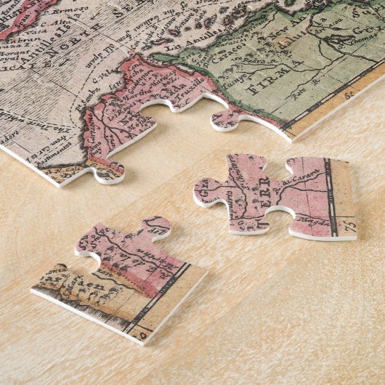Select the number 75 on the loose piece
point(352,230)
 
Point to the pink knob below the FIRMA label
point(227,118)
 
